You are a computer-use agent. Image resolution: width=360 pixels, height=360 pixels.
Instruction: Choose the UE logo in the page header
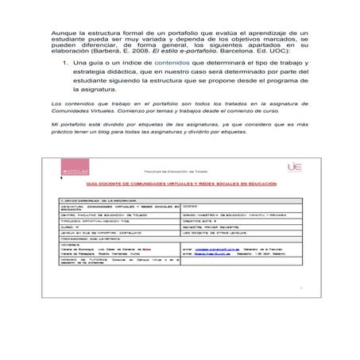pyautogui.click(x=292, y=168)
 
